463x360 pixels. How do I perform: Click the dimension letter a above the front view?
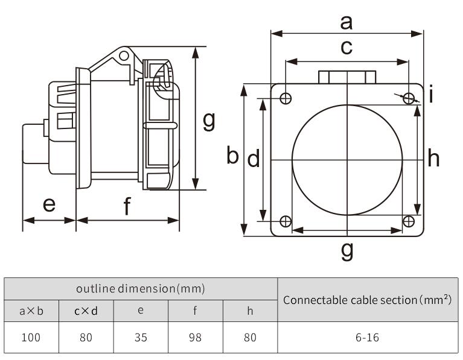(x=346, y=22)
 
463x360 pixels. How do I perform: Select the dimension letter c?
(x=346, y=48)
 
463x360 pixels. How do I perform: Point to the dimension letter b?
(x=233, y=156)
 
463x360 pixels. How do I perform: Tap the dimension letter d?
(x=254, y=159)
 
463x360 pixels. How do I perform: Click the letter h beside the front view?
(x=433, y=159)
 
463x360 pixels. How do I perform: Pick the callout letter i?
(x=432, y=95)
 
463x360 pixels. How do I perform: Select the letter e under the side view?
(x=49, y=205)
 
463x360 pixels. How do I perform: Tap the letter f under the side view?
(x=127, y=207)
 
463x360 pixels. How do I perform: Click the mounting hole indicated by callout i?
(x=409, y=98)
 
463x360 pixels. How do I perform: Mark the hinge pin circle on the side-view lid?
(x=124, y=55)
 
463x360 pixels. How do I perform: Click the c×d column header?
(x=86, y=311)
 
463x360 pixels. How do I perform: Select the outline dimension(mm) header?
(x=141, y=289)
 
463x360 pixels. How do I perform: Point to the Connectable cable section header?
(x=367, y=300)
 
